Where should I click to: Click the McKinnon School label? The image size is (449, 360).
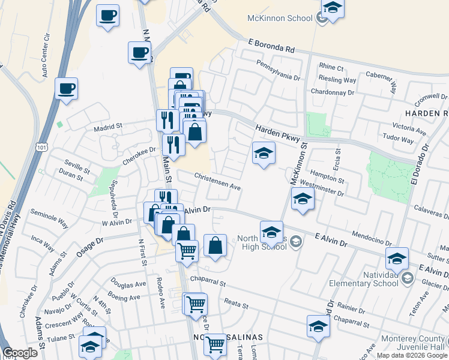(x=280, y=18)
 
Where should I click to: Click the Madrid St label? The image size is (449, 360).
(x=107, y=127)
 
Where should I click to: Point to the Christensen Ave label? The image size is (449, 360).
(x=217, y=182)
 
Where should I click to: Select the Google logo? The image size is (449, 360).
(x=20, y=353)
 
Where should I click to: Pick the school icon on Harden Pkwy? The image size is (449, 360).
(x=263, y=154)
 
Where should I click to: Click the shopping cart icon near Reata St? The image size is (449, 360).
(x=195, y=304)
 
